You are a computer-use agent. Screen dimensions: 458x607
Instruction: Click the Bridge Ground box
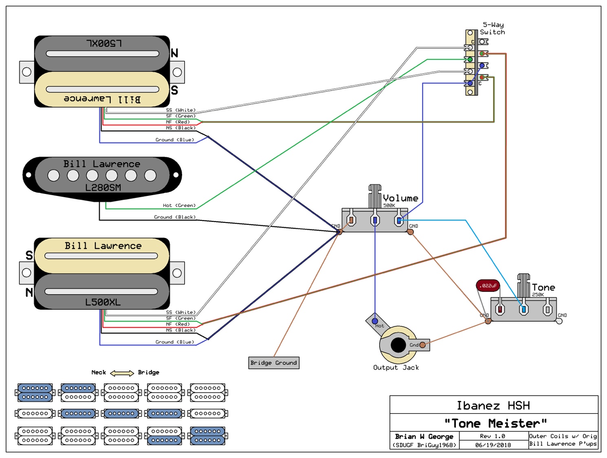point(274,363)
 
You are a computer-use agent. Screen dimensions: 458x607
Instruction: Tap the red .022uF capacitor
point(488,286)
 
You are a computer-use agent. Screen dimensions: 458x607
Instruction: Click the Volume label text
point(400,198)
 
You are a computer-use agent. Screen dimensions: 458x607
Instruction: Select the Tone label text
point(543,287)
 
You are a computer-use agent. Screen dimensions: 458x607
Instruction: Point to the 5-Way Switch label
point(493,29)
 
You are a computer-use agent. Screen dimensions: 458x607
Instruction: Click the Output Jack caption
point(396,368)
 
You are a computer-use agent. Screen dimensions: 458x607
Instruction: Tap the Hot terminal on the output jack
point(375,321)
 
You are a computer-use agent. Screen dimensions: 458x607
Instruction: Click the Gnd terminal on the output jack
point(422,345)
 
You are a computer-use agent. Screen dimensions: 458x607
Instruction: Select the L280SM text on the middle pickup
point(103,187)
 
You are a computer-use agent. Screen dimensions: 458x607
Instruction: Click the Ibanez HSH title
point(493,405)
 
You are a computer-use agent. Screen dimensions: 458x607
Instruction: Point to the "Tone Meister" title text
point(495,423)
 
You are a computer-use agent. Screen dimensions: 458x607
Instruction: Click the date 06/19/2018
point(493,445)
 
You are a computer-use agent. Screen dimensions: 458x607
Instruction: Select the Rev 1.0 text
point(493,436)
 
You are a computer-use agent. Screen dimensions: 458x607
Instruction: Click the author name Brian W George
point(424,436)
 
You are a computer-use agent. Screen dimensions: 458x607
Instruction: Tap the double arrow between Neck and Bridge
point(122,373)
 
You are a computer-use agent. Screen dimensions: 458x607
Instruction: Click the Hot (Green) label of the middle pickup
point(179,205)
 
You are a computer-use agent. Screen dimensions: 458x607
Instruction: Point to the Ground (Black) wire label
point(175,217)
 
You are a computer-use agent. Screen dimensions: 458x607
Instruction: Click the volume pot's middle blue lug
point(375,220)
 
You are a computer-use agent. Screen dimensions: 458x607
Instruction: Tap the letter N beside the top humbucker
point(174,53)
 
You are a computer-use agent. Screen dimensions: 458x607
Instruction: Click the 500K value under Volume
point(389,205)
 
